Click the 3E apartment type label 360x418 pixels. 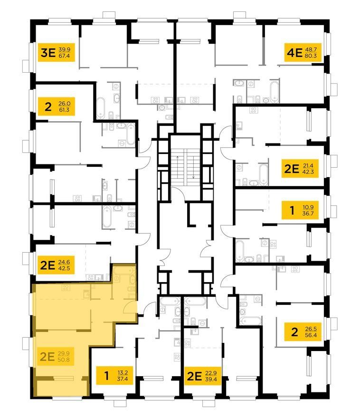click(48, 53)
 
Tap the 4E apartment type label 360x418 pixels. click(294, 53)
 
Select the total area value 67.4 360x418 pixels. click(64, 56)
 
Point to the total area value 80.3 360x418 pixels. click(311, 56)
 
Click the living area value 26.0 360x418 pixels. click(65, 104)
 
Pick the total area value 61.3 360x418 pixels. click(64, 110)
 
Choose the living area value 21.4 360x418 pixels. click(308, 166)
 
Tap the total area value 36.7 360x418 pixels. click(308, 214)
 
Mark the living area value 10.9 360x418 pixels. click(308, 207)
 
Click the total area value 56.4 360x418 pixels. click(311, 335)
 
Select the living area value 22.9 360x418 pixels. click(211, 373)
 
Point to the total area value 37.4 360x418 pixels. click(123, 379)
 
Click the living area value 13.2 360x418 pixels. click(123, 372)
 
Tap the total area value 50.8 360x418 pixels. click(64, 360)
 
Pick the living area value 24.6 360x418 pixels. click(64, 262)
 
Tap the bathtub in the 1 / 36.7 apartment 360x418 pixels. click(240, 251)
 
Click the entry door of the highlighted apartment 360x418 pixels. click(130, 308)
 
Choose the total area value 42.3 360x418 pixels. click(308, 172)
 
